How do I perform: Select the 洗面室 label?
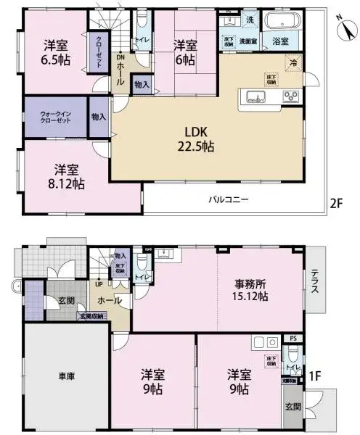click(249, 41)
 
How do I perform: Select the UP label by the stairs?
click(97, 283)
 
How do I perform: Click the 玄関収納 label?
click(91, 316)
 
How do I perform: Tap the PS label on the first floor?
click(292, 339)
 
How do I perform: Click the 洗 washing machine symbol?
click(248, 19)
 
